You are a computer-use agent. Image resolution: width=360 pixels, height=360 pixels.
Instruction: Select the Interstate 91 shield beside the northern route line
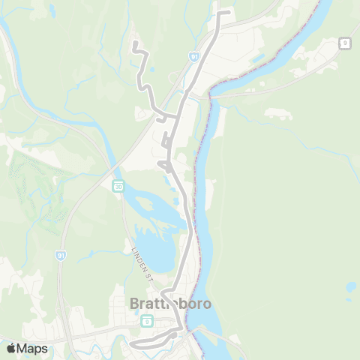tap(194, 56)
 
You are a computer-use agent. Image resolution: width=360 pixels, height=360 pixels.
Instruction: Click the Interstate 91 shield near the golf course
tap(59, 256)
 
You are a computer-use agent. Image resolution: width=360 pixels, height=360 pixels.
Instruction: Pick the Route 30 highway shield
tap(118, 186)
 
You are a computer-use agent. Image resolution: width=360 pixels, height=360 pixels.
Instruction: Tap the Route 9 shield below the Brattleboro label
tap(147, 321)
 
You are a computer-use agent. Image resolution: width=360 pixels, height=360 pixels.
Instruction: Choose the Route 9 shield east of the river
tap(344, 43)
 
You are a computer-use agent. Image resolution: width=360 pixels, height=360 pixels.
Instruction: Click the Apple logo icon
tap(10, 348)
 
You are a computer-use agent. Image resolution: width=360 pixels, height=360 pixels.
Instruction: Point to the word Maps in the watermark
tap(33, 348)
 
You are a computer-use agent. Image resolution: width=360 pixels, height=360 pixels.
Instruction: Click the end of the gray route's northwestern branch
tap(134, 43)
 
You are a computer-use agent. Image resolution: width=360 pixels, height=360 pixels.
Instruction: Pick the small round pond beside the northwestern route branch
tap(152, 71)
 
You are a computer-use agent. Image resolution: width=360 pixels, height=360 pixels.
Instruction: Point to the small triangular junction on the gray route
tap(163, 163)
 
